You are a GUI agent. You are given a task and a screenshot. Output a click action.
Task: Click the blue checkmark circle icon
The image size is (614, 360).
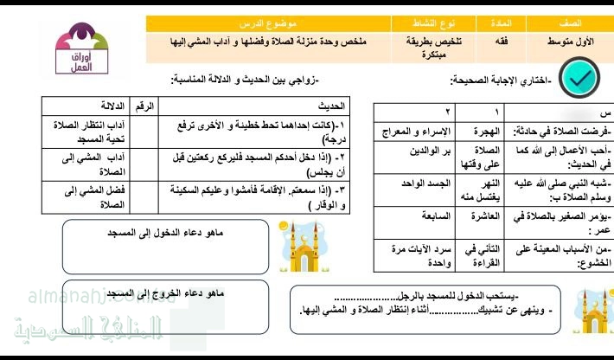coord(577,79)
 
